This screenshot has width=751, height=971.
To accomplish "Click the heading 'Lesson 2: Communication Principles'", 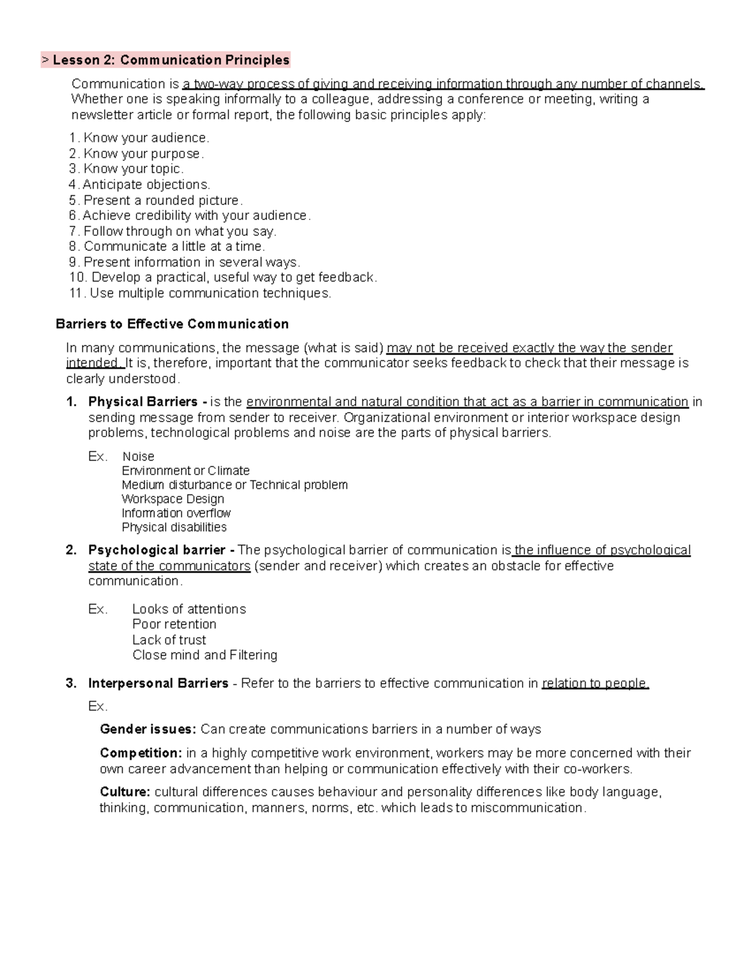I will [x=171, y=60].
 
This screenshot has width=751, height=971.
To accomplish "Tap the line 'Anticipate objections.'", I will [x=146, y=184].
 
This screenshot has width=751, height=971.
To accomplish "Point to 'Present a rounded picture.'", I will [x=163, y=200].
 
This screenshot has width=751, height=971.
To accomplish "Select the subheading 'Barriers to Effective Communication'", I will [x=172, y=324].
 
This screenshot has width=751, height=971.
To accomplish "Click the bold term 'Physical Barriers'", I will [x=143, y=401].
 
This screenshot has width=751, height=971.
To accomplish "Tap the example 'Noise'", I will [x=138, y=456].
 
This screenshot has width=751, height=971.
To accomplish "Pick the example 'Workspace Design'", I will [x=173, y=499].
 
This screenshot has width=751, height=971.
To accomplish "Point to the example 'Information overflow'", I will [x=176, y=513].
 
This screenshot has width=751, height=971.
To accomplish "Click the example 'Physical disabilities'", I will [x=174, y=527].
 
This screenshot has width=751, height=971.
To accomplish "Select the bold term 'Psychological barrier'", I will [x=157, y=550].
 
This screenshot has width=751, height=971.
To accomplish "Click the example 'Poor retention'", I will [x=174, y=624].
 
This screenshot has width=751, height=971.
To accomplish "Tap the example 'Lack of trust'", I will [x=169, y=640].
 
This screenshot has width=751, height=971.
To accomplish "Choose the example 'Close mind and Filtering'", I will [x=205, y=655].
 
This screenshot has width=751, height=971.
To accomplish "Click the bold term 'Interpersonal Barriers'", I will [x=158, y=683].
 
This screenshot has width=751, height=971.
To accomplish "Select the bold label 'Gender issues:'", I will [x=148, y=729].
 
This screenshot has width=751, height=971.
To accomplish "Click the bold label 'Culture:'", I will [x=125, y=792].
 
